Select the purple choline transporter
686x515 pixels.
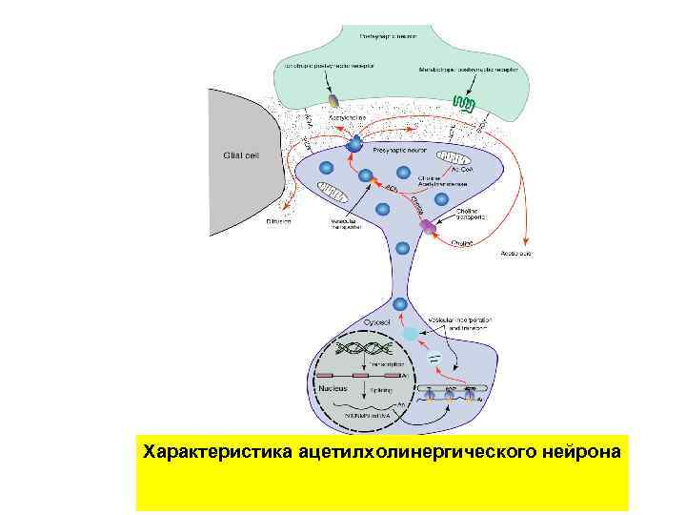430,227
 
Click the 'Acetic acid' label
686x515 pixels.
515,254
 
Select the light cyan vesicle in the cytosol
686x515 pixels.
411,335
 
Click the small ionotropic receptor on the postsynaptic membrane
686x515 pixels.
334,100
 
